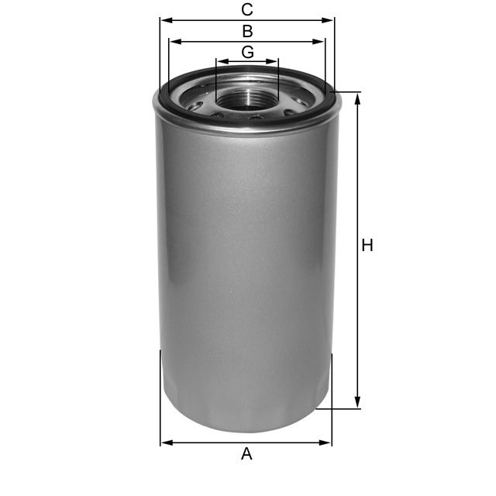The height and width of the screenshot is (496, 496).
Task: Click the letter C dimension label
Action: (247, 10)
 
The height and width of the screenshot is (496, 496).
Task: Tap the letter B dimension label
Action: (247, 32)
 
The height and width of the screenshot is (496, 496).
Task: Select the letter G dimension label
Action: (247, 52)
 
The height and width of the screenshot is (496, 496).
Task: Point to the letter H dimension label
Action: (367, 246)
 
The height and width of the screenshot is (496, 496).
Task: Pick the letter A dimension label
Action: (246, 453)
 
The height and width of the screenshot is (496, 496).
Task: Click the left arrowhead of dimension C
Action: (165, 21)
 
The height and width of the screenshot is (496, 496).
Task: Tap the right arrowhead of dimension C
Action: (329, 21)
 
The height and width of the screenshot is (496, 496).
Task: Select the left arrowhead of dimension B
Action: (174, 42)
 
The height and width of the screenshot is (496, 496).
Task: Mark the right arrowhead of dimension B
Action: (320, 42)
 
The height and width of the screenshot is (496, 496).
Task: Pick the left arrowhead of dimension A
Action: (165, 443)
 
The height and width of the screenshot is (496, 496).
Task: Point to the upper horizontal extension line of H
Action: (349, 93)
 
